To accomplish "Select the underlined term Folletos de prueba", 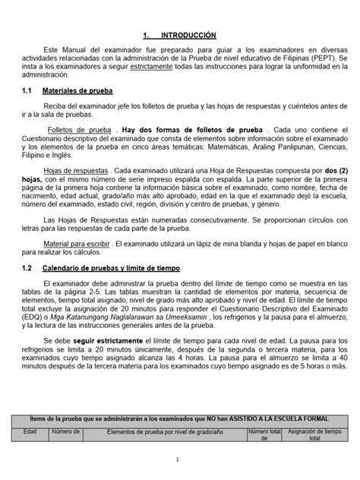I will tap(85, 129).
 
